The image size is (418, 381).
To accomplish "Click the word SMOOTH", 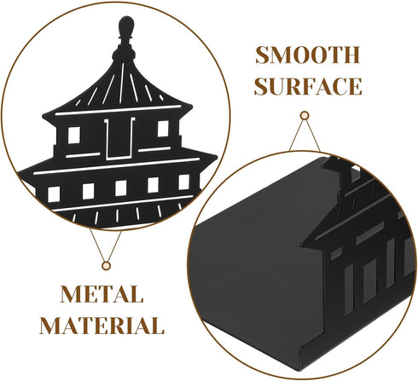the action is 308,55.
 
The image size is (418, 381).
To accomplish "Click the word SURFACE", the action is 308,86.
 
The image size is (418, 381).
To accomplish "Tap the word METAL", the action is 102,294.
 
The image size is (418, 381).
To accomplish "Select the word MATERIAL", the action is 102,326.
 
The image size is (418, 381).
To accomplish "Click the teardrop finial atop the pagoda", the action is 126,26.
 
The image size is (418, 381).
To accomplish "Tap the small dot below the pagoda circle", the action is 106,266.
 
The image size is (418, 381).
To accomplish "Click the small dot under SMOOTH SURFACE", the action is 305,116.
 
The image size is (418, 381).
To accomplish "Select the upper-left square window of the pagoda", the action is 74,135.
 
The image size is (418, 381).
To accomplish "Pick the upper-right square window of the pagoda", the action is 163,129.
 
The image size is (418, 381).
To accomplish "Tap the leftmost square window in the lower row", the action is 54,194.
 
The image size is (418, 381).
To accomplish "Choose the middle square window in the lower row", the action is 121,188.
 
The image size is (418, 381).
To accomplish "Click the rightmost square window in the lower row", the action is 183,182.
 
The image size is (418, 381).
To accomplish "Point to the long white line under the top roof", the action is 118,110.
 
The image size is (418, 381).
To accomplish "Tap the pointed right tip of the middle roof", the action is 217,156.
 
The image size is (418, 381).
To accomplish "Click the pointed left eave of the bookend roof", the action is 302,244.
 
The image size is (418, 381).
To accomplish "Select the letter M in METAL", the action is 69,294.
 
